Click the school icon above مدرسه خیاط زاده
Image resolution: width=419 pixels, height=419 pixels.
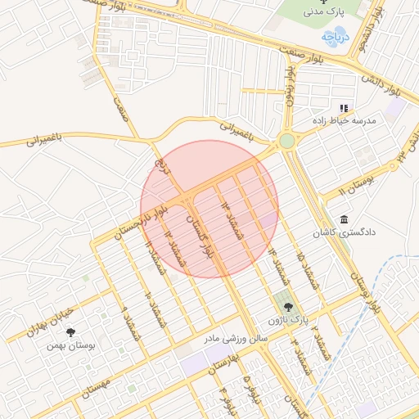pos(344,108)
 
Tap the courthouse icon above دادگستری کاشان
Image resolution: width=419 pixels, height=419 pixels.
pos(343,220)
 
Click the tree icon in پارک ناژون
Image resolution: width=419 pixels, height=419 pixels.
pos(286,306)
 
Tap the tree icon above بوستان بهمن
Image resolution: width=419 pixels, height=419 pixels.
pos(71,332)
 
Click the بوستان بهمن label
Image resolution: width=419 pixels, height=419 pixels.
pos(72,346)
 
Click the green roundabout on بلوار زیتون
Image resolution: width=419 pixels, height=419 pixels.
pos(286,141)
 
